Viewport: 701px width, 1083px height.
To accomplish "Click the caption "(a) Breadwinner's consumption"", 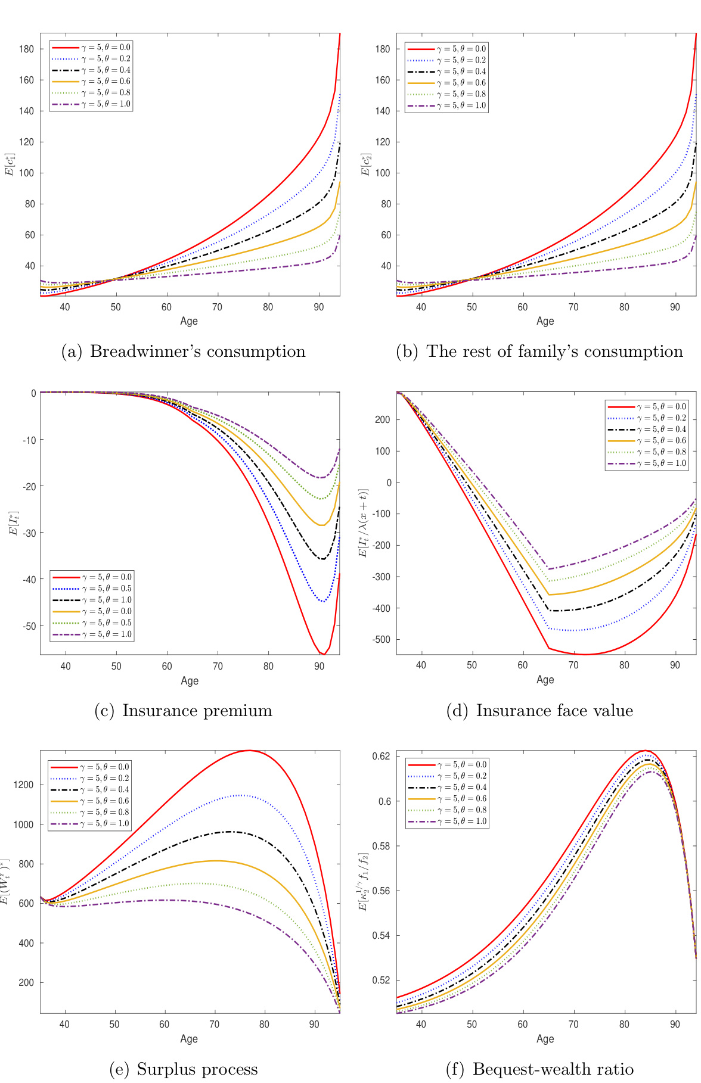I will pyautogui.click(x=184, y=352).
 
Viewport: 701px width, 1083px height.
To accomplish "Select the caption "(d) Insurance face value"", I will pyautogui.click(x=539, y=711).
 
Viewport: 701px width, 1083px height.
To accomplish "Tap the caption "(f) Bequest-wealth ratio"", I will pyautogui.click(x=539, y=1069).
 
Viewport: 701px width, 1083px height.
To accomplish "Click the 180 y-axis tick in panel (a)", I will pyautogui.click(x=27, y=49).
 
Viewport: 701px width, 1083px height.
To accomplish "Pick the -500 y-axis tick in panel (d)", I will pyautogui.click(x=381, y=640).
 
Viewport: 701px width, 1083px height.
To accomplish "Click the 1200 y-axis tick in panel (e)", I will pyautogui.click(x=24, y=785).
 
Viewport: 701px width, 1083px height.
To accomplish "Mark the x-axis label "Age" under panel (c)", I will pyautogui.click(x=190, y=681).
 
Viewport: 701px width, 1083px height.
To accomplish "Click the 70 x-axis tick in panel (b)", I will pyautogui.click(x=573, y=307).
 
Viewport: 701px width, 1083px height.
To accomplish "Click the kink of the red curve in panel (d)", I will pyautogui.click(x=549, y=648).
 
